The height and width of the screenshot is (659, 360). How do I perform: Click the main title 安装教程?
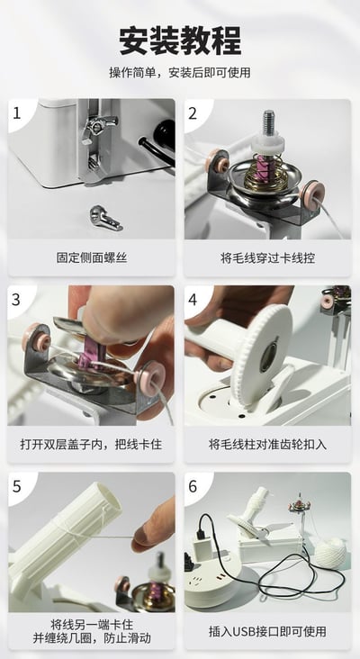(x=180, y=41)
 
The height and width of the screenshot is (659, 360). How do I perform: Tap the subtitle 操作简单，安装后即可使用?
(x=180, y=73)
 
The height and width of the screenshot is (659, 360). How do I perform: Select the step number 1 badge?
(x=17, y=113)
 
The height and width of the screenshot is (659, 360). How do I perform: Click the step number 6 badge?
(x=193, y=487)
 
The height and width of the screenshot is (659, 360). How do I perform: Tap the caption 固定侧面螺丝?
(x=92, y=257)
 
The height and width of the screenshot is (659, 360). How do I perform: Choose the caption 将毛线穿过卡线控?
(x=267, y=257)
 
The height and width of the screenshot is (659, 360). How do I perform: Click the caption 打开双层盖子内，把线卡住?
(x=92, y=444)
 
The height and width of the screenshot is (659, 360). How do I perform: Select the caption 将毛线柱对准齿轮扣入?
(x=267, y=444)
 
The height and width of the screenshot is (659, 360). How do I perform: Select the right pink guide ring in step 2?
(x=310, y=192)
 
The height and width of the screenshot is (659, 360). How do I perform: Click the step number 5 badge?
(x=17, y=487)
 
